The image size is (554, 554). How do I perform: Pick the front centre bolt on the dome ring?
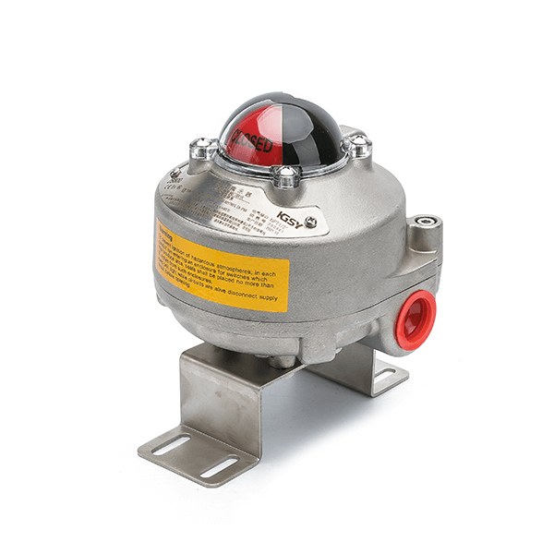287,174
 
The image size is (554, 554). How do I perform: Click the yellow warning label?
222,264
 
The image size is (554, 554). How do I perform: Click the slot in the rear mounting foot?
386,374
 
